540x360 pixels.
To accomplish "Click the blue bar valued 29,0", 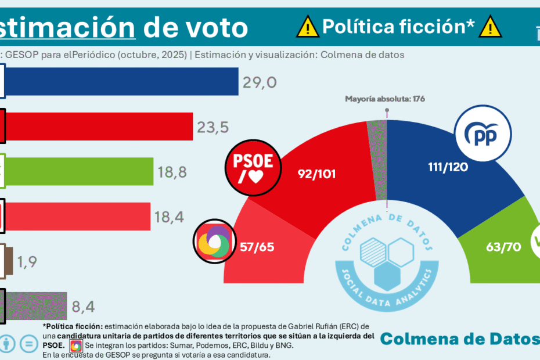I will pos(122,81).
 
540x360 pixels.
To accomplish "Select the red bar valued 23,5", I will pos(99,126).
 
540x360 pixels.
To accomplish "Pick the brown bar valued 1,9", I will pos(8,261).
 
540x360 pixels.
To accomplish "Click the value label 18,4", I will pos(170,217).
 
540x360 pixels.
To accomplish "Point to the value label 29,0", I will pos(259,82).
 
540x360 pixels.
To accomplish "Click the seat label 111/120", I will pos(447,167).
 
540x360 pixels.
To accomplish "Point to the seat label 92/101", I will pos(316,173).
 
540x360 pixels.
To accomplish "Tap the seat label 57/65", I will pos(257,247).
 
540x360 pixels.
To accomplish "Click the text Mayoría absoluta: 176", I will pos(385,99).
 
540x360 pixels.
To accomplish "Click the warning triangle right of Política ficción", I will pos(491,26).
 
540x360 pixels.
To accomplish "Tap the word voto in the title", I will pos(211,27).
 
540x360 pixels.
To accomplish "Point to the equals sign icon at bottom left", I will pos(27,343).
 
